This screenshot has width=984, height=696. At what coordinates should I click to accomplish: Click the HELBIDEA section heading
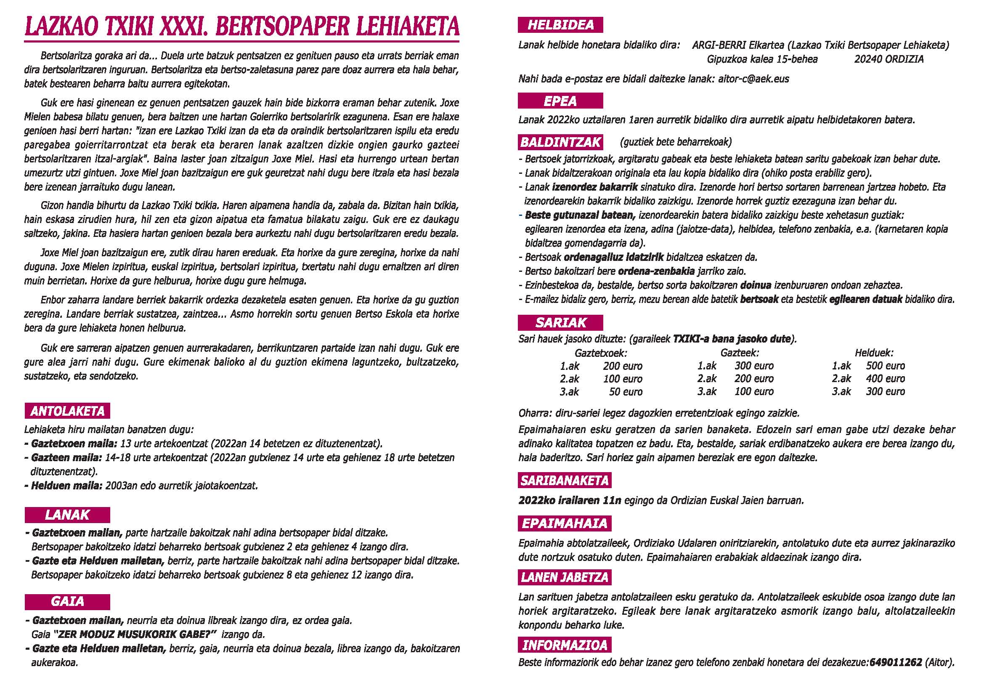(x=560, y=25)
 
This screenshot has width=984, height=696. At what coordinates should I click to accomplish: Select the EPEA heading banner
(x=560, y=101)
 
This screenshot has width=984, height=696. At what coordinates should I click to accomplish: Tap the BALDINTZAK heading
(x=560, y=142)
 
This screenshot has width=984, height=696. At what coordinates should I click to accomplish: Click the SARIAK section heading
(x=560, y=323)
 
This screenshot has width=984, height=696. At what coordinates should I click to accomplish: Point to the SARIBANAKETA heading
(x=565, y=481)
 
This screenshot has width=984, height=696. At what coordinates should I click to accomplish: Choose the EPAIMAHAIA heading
(x=565, y=523)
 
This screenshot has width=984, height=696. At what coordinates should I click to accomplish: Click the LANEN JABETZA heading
(x=565, y=577)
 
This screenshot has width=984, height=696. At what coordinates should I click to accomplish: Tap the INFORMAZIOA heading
(x=565, y=645)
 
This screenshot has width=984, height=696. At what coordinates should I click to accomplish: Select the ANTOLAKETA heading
(x=67, y=411)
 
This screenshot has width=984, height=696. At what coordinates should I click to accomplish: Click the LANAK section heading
(x=67, y=515)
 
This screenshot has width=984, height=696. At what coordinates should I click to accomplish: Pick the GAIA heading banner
(x=67, y=602)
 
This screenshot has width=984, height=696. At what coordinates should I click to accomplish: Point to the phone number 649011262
(x=896, y=662)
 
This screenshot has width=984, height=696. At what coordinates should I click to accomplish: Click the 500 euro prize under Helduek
(x=886, y=366)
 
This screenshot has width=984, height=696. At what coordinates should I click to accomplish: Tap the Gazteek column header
(x=739, y=353)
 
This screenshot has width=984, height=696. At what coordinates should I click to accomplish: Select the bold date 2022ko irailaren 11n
(x=569, y=500)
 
